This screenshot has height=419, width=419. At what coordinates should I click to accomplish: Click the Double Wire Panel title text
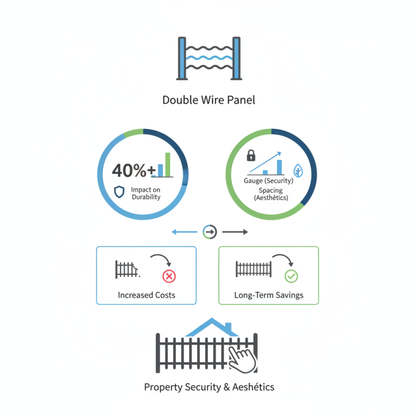209,100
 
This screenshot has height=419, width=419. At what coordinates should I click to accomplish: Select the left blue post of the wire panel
181,58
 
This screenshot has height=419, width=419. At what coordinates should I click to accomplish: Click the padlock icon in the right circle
251,155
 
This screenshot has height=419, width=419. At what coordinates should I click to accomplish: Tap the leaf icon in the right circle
299,170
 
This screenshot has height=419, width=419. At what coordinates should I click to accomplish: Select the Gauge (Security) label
269,181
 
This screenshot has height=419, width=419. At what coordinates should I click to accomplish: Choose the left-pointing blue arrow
184,231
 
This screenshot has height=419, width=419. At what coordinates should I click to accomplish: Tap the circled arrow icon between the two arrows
209,231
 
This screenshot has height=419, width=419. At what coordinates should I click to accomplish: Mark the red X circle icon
169,276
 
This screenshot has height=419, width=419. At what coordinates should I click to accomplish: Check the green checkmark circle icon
291,276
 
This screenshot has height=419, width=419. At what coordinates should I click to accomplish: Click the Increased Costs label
147,295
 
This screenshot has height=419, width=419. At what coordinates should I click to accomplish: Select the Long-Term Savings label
269,295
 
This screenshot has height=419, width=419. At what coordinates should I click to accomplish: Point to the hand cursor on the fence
242,359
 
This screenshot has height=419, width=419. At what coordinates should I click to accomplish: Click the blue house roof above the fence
210,328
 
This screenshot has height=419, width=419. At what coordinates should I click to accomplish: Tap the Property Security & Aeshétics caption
209,387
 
